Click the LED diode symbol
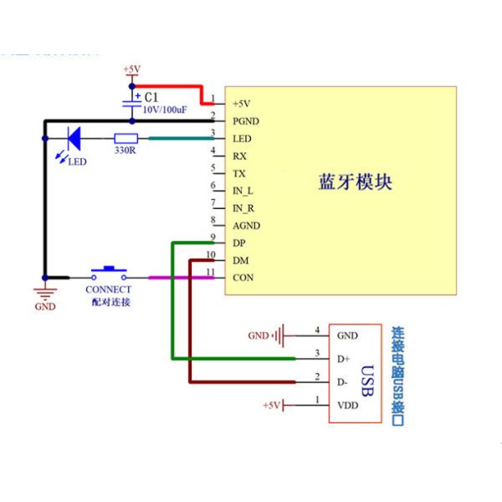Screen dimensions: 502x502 point(73,138)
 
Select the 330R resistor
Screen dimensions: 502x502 point(126,138)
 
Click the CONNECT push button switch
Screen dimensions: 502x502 point(109,274)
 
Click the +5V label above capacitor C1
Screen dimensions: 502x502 point(131,69)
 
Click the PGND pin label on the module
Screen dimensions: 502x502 point(246,121)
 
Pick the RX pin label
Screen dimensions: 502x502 point(239,156)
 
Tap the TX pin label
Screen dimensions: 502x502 point(239,174)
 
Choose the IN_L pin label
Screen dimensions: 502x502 point(243,192)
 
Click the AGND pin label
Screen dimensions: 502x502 point(246,226)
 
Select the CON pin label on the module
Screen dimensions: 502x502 point(243,278)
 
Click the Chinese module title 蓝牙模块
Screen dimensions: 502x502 point(356,182)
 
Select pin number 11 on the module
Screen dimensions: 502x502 point(212,273)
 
